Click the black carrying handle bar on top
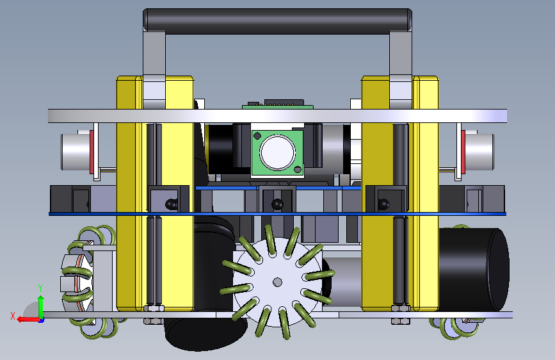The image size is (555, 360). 277,21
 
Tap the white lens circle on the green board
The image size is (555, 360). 278,152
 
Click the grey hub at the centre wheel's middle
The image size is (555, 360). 278,282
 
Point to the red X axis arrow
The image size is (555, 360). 28,320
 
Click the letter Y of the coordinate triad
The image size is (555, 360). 40,288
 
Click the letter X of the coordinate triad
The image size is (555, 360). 13,316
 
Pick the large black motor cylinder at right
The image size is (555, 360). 474,270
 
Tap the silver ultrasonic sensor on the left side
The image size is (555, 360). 76,152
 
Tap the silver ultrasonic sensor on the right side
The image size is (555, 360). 479,152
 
